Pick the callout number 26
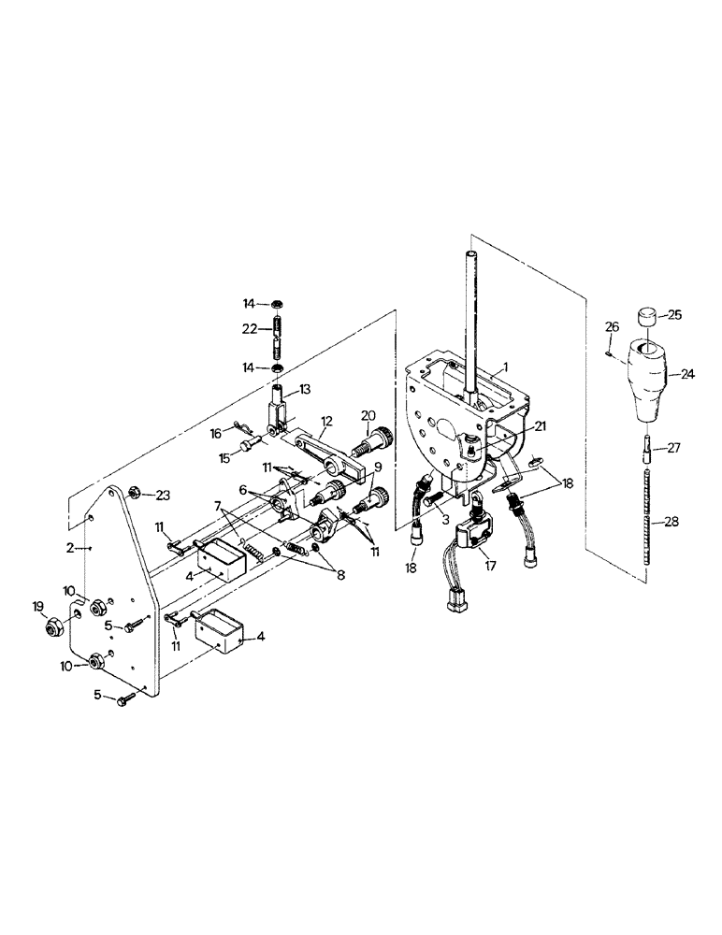612,326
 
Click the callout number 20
368,415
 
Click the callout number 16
217,434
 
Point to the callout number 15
224,456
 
